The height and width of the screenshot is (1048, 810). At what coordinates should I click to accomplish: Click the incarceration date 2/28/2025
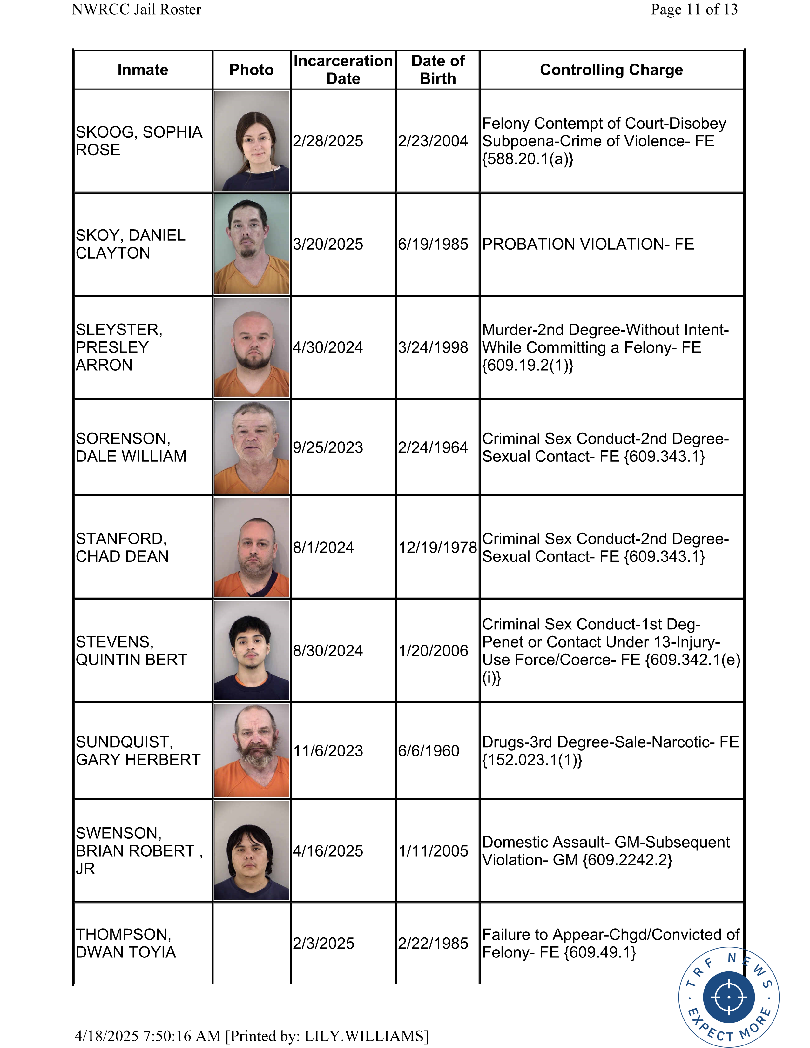click(x=328, y=141)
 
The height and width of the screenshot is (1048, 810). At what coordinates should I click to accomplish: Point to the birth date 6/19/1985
click(x=433, y=244)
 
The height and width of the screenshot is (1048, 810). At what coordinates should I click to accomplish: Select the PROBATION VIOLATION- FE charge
click(x=588, y=244)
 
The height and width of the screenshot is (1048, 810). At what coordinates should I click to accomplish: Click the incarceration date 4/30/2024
click(x=328, y=347)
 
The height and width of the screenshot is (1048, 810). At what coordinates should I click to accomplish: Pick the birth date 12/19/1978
click(x=438, y=548)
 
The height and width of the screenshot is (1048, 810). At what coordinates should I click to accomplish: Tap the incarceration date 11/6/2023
click(x=328, y=751)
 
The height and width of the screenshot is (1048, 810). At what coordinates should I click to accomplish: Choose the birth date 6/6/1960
click(x=429, y=751)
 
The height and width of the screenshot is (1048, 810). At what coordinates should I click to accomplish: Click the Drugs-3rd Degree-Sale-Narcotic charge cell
click(x=611, y=751)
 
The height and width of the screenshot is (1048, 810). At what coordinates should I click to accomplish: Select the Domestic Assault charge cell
click(x=605, y=851)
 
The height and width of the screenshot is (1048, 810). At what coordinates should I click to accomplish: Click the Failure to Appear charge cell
click(x=611, y=944)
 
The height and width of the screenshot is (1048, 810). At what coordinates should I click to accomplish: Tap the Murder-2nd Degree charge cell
click(x=605, y=347)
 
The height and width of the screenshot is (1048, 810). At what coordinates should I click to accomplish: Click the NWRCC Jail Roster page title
click(x=136, y=10)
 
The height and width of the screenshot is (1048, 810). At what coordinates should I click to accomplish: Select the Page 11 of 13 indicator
click(x=694, y=10)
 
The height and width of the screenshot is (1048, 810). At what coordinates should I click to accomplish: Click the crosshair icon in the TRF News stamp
click(x=728, y=997)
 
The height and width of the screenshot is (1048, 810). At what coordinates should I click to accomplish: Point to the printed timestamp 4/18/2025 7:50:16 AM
click(x=148, y=1036)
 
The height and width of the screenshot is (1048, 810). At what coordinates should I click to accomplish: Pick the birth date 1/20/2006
click(x=433, y=651)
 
